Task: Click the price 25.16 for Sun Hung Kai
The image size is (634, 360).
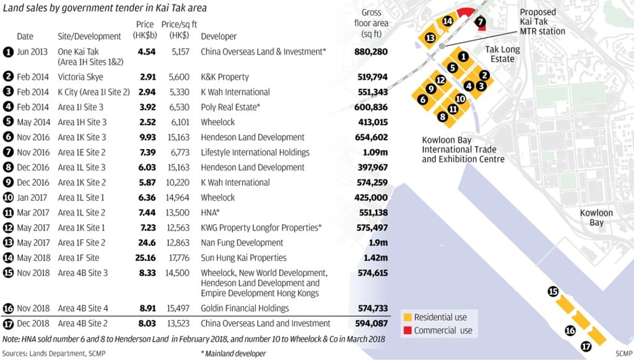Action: click(x=145, y=258)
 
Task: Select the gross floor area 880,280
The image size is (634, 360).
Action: click(x=371, y=52)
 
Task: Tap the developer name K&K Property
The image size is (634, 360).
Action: click(x=225, y=77)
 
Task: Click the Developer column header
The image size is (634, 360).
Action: click(x=219, y=37)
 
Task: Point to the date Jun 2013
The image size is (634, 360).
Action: click(x=32, y=52)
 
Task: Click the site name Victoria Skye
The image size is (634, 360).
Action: click(x=80, y=77)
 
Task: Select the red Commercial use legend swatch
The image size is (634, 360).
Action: click(x=407, y=330)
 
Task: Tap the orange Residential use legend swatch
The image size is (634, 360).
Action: click(x=407, y=317)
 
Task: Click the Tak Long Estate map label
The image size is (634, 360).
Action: click(x=502, y=54)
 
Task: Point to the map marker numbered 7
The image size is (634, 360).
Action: click(x=480, y=22)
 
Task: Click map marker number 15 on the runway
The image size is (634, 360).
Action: click(x=553, y=291)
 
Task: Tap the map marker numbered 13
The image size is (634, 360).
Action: click(x=430, y=38)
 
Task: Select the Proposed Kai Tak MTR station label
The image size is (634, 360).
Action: click(x=542, y=22)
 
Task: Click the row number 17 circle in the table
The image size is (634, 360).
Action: click(x=8, y=323)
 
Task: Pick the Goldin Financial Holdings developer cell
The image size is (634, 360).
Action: click(x=245, y=308)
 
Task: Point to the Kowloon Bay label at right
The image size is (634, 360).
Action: click(x=596, y=217)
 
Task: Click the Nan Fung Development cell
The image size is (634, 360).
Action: click(x=242, y=243)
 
